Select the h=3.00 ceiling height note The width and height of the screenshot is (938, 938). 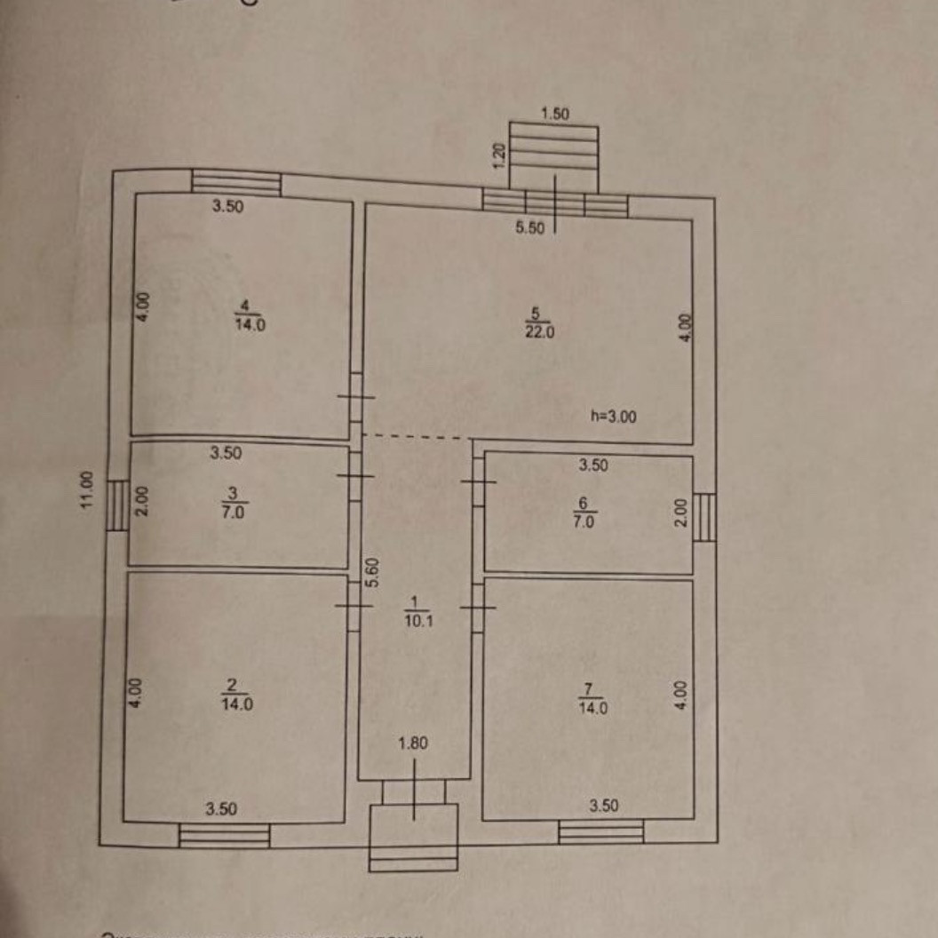(x=614, y=416)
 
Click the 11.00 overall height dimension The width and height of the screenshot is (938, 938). (x=86, y=489)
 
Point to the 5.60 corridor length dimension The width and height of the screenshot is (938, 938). (x=374, y=573)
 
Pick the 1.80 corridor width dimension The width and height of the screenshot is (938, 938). (x=414, y=744)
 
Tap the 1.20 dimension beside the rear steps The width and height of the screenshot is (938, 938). (x=499, y=156)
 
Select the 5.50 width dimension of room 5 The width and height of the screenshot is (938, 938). (x=529, y=227)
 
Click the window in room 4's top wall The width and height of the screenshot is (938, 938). (x=236, y=183)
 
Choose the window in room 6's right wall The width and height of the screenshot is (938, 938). (x=703, y=517)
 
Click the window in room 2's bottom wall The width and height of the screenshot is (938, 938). (x=224, y=835)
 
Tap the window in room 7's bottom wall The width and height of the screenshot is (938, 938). (x=600, y=831)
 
